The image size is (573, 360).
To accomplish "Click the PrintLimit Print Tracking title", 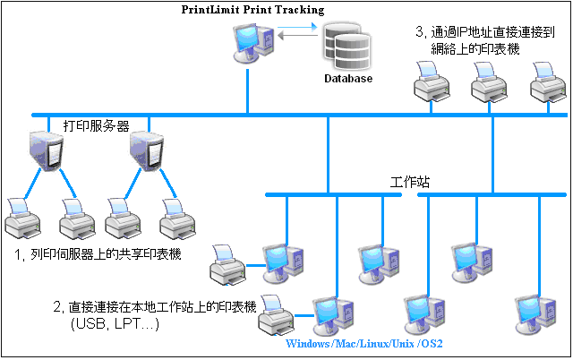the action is pyautogui.click(x=252, y=10).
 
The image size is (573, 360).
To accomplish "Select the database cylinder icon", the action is pyautogui.click(x=346, y=46).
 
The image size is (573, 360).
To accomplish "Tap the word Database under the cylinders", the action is pyautogui.click(x=348, y=79).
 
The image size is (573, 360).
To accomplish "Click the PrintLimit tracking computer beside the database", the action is pyautogui.click(x=253, y=42).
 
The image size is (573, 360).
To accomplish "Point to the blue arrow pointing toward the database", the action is pyautogui.click(x=297, y=26).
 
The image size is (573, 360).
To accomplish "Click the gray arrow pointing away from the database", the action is pyautogui.click(x=297, y=36).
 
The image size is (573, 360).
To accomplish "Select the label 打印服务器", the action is pyautogui.click(x=97, y=125).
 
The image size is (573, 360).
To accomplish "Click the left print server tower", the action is pyautogui.click(x=47, y=150).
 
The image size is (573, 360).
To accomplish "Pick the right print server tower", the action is pyautogui.click(x=147, y=150).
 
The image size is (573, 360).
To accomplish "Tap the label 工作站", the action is pyautogui.click(x=410, y=182).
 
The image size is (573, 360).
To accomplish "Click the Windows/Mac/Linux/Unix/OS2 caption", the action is pyautogui.click(x=364, y=344).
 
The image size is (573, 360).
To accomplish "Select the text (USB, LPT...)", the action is pyautogui.click(x=115, y=324).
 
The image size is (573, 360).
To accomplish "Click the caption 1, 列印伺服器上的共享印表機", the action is pyautogui.click(x=98, y=254).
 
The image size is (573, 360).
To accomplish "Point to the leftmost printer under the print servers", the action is pyautogui.click(x=22, y=219).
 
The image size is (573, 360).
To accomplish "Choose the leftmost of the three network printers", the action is pyautogui.click(x=432, y=81).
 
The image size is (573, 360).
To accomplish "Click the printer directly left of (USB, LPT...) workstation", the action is pyautogui.click(x=277, y=314).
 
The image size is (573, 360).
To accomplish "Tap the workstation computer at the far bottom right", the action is pyautogui.click(x=535, y=314).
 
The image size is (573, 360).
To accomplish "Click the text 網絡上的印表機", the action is pyautogui.click(x=475, y=48).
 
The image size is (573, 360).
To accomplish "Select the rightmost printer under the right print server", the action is pyautogui.click(x=177, y=219).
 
